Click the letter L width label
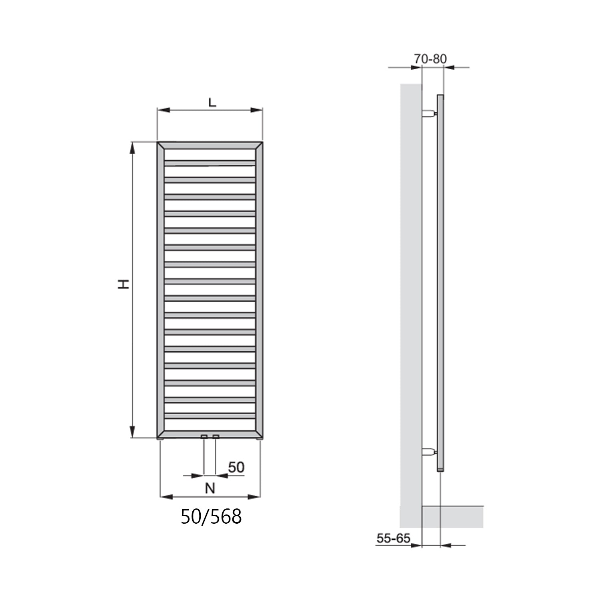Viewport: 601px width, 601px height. (x=212, y=102)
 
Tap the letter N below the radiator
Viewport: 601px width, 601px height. (x=210, y=488)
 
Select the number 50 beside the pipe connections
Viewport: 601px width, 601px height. (x=236, y=467)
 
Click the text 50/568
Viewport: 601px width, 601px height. (x=211, y=517)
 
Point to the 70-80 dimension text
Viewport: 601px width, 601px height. (x=430, y=59)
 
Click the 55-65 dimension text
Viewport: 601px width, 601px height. (x=393, y=538)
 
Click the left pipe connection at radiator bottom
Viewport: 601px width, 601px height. (x=204, y=436)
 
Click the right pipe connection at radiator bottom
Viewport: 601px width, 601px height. (x=216, y=436)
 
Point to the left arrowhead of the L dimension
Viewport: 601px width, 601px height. (x=163, y=111)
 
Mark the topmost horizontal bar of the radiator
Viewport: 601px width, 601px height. (x=210, y=163)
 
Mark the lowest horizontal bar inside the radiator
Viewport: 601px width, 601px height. (x=210, y=417)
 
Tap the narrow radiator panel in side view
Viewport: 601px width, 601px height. (x=440, y=280)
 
